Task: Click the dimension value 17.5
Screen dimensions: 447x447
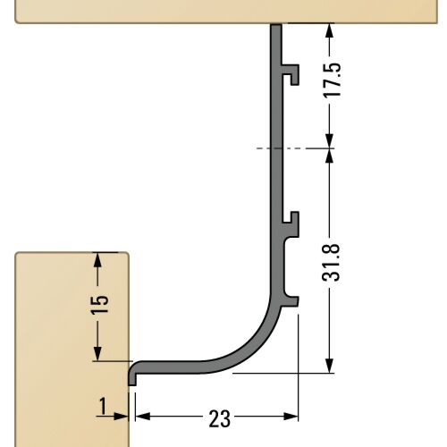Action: (332, 80)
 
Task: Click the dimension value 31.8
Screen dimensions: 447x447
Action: (331, 263)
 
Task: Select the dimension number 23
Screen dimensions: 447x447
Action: (220, 418)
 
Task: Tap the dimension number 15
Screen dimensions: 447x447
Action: (99, 305)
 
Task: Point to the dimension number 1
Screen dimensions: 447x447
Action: (103, 406)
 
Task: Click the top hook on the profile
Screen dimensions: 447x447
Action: (291, 73)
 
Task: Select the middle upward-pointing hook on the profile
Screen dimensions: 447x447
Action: (291, 224)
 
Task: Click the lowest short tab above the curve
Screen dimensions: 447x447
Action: (290, 301)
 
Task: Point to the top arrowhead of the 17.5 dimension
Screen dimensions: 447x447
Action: (329, 30)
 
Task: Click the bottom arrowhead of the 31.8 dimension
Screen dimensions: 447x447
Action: (329, 366)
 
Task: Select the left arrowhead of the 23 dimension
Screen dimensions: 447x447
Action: (143, 417)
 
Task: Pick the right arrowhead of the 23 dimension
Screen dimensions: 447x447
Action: (291, 417)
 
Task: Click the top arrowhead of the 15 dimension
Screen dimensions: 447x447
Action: (97, 259)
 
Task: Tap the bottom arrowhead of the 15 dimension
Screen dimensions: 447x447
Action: (97, 354)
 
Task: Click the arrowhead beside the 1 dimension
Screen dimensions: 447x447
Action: (121, 417)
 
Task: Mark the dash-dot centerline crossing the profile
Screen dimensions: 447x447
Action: (295, 148)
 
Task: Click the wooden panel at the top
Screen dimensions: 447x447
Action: (226, 12)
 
